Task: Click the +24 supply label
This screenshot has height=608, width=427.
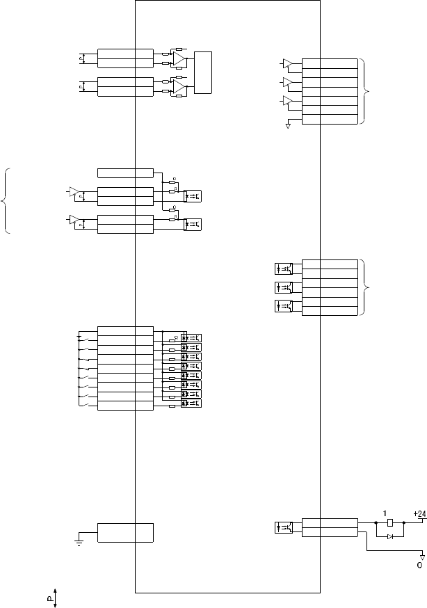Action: (419, 513)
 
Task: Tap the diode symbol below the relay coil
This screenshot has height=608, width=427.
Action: (390, 536)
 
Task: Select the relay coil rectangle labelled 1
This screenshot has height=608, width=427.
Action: (390, 522)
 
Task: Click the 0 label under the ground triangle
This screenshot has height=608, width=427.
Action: (419, 565)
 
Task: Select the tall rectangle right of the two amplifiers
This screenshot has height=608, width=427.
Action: (204, 72)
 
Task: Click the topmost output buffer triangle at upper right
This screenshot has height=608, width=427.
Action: (288, 65)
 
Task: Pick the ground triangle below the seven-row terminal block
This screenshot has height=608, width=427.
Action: (288, 127)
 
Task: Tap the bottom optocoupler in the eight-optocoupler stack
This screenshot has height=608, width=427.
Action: (191, 403)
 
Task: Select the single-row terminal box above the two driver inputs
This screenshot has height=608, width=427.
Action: (125, 173)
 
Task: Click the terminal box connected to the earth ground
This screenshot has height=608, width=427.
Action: (125, 532)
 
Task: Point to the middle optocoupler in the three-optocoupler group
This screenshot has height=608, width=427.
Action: (284, 287)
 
